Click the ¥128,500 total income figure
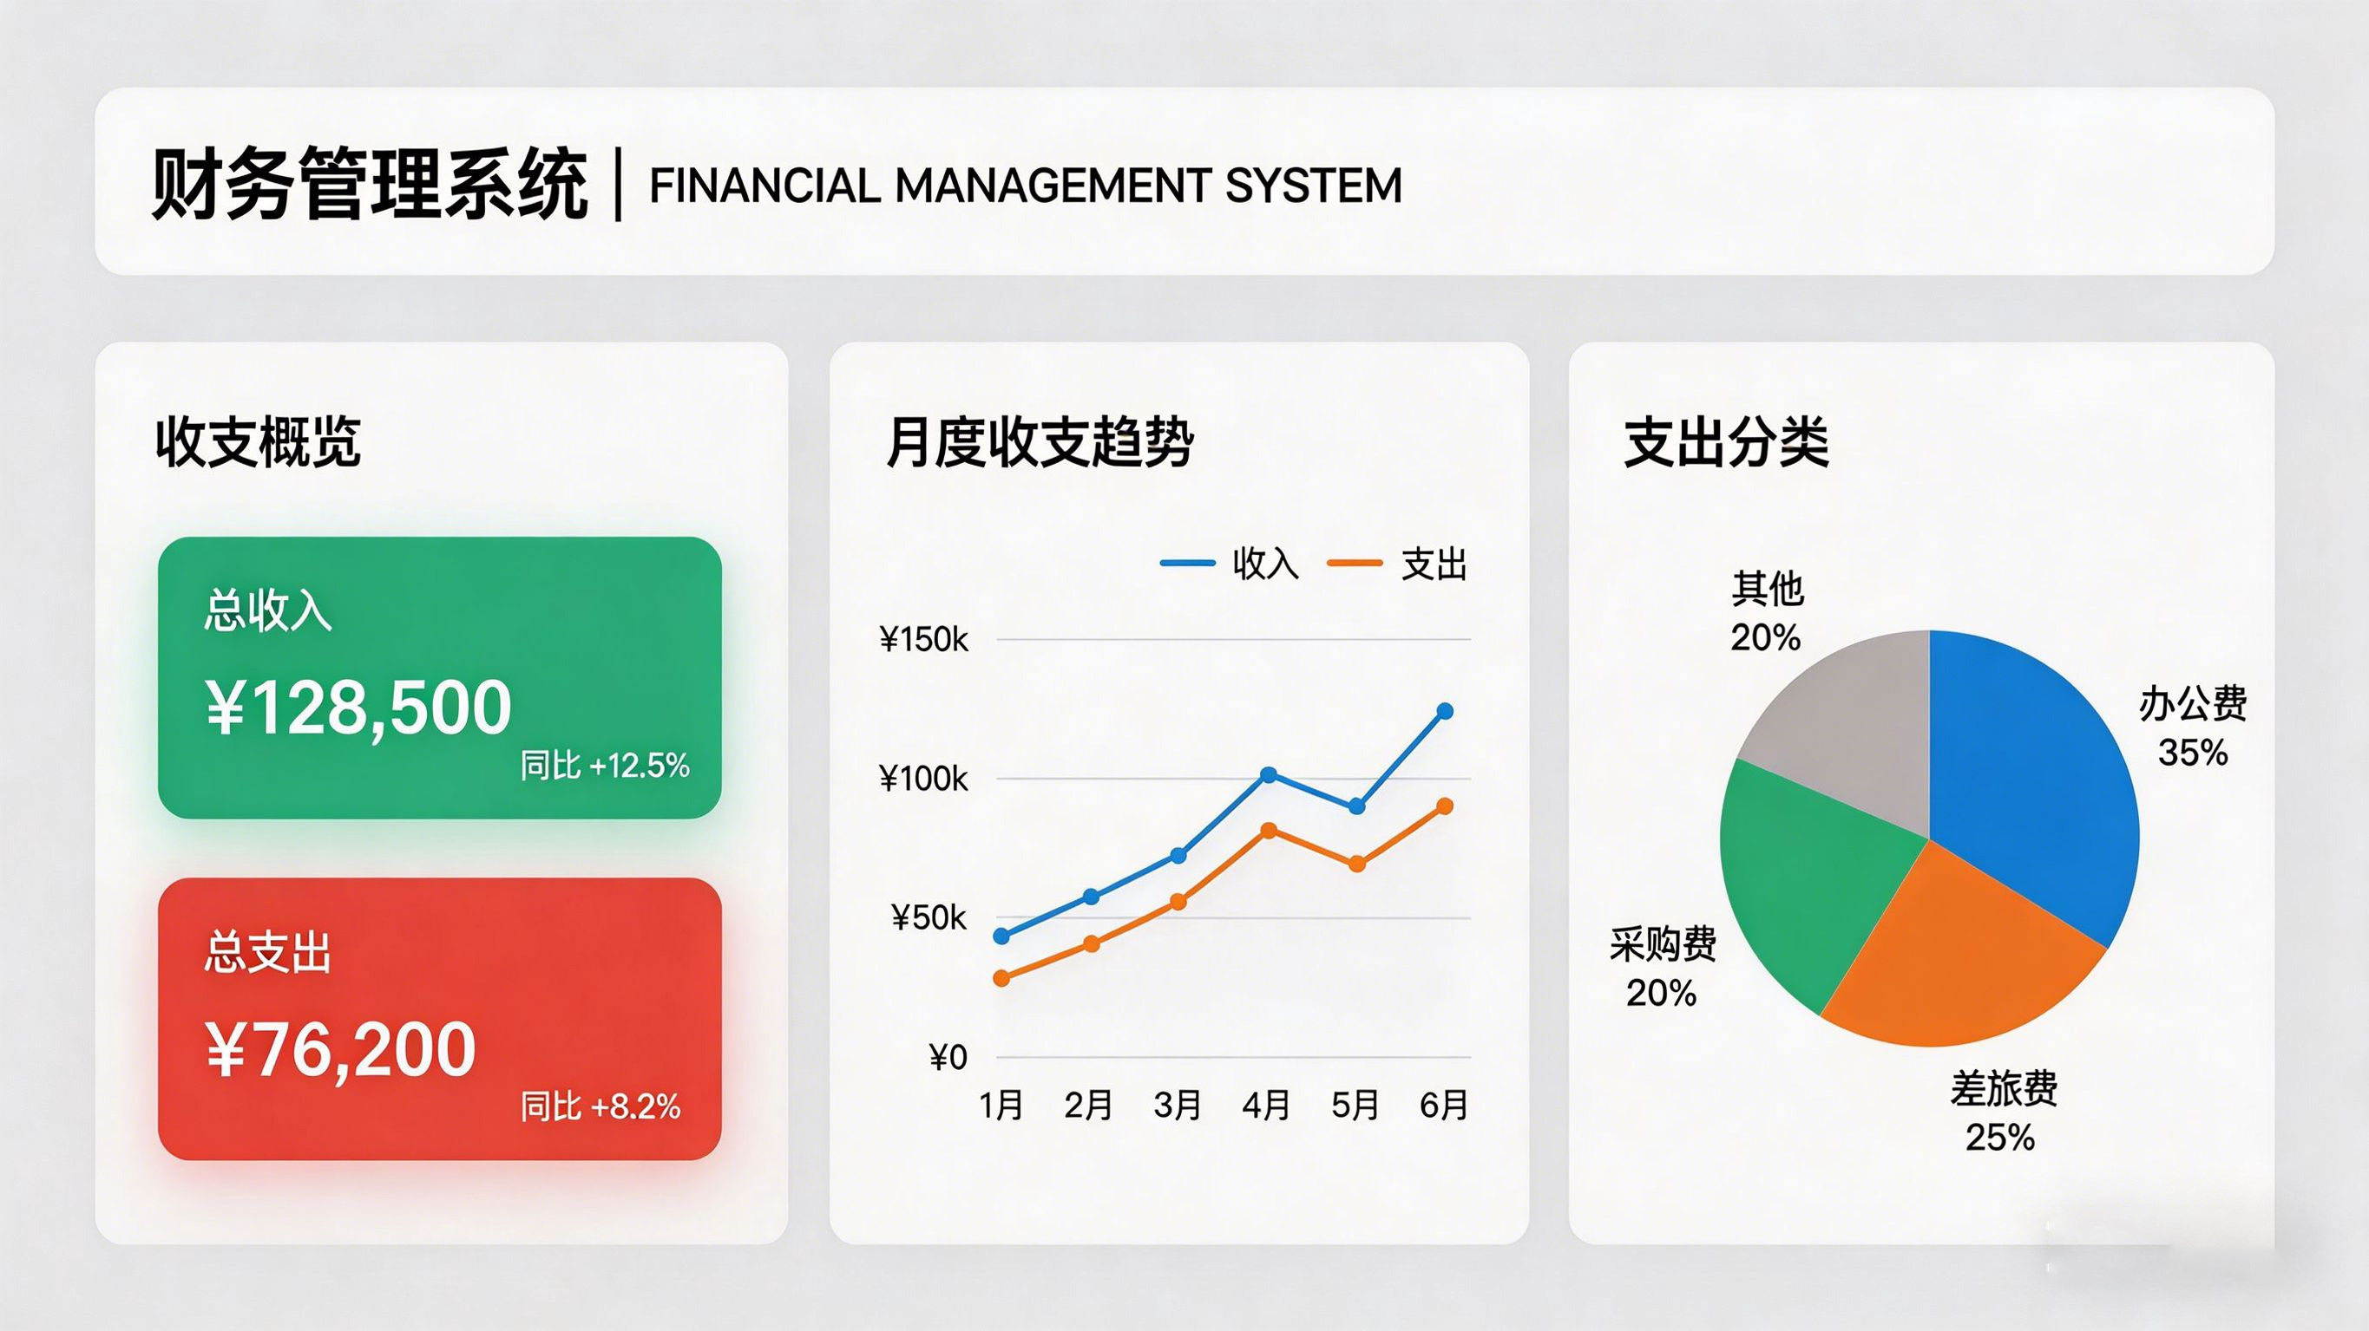[x=358, y=708]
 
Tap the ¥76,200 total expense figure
[x=340, y=1050]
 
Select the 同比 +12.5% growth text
[x=605, y=765]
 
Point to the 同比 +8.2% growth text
[x=600, y=1106]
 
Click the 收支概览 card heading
[x=258, y=442]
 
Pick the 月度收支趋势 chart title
[x=1040, y=442]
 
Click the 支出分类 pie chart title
[x=1726, y=442]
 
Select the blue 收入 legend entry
[x=1230, y=564]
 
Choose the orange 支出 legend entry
[x=1397, y=564]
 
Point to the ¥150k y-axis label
[x=923, y=640]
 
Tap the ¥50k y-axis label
[x=929, y=917]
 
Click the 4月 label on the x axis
[x=1266, y=1105]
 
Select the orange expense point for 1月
[x=1001, y=978]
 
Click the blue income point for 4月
[x=1268, y=775]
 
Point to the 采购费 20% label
[x=1663, y=968]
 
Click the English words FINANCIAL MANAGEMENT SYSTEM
[x=1026, y=186]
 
